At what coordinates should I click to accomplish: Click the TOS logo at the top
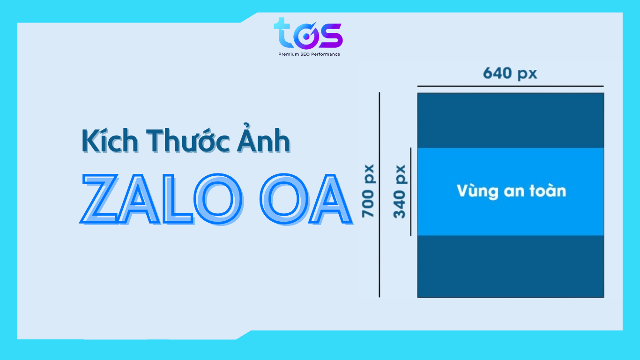pos(308,34)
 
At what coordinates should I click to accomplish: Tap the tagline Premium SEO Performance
pos(309,54)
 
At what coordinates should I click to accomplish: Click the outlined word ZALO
pos(162,200)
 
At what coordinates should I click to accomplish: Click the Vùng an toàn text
pos(511,191)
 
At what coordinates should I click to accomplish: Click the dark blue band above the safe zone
pos(511,120)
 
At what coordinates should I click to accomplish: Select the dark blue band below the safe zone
pos(511,266)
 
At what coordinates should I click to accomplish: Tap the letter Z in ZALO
pos(100,200)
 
